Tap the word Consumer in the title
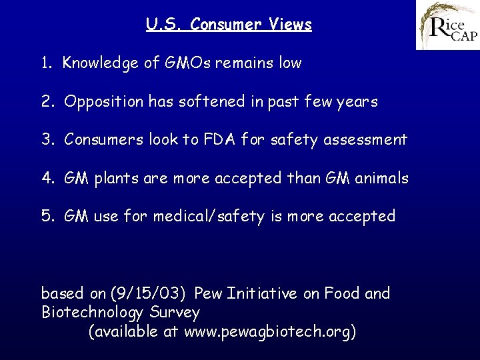click(x=222, y=25)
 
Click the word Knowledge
click(x=101, y=64)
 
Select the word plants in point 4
click(x=115, y=179)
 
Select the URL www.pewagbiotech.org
click(x=267, y=332)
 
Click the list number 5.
click(x=46, y=217)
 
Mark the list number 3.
click(x=46, y=140)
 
